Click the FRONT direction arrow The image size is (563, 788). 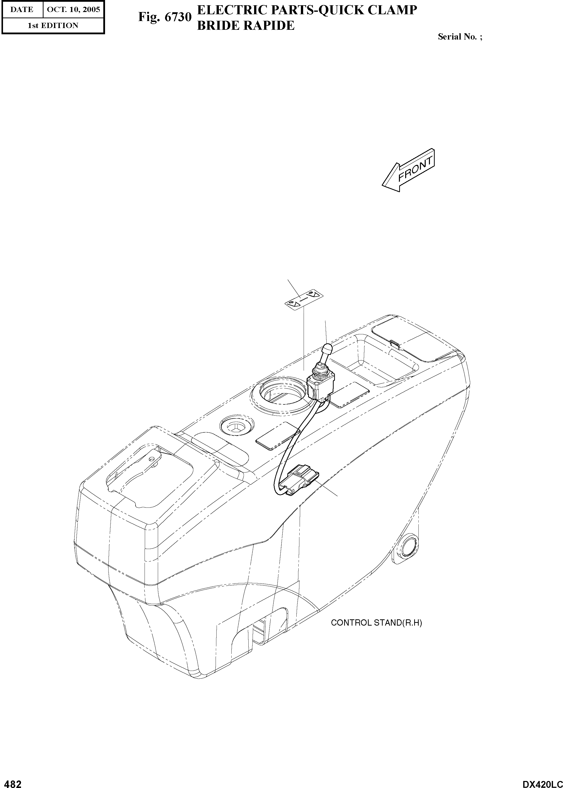click(x=408, y=171)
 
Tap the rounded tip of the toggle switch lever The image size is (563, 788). click(x=327, y=348)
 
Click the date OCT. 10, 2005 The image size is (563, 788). click(x=73, y=9)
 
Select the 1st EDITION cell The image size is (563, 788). click(x=53, y=25)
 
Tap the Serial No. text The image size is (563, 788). click(x=460, y=37)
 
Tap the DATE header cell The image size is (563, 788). click(x=22, y=9)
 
